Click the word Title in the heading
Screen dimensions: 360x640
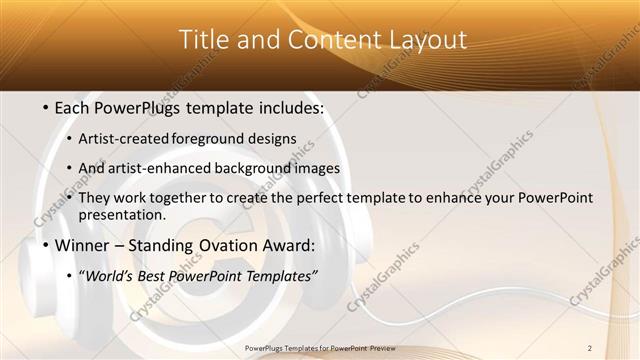202,40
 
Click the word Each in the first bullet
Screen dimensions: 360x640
74,108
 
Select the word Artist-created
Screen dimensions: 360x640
123,139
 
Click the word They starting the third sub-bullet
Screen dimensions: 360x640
94,198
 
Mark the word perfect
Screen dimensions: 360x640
336,198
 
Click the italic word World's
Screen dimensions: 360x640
106,275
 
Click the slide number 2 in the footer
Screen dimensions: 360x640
590,347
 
